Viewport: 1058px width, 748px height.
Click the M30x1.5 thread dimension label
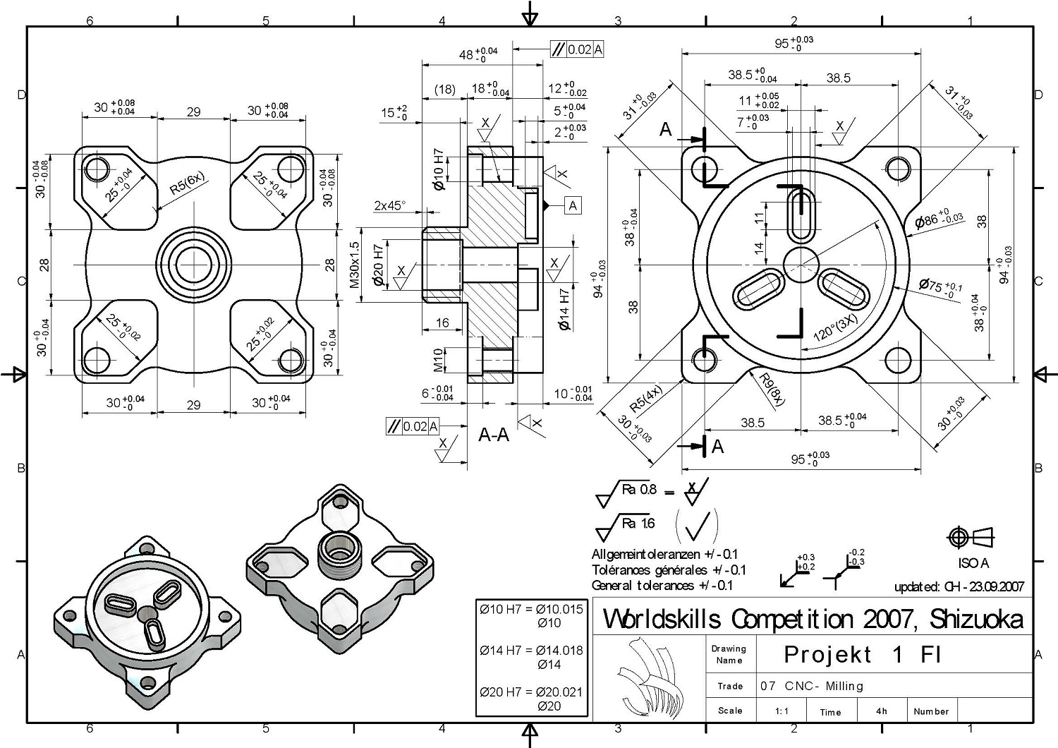pyautogui.click(x=355, y=265)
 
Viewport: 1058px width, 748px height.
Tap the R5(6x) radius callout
pyautogui.click(x=187, y=183)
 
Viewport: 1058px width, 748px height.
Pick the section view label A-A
pyautogui.click(x=494, y=435)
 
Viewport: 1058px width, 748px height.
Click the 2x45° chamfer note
pyautogui.click(x=390, y=206)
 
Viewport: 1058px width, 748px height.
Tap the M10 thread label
pyautogui.click(x=439, y=360)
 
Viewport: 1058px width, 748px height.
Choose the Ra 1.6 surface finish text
pyautogui.click(x=638, y=523)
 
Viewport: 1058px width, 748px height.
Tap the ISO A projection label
pyautogui.click(x=973, y=563)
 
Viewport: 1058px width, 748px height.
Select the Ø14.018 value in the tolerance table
pyautogui.click(x=559, y=651)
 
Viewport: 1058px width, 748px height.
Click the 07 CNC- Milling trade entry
pyautogui.click(x=812, y=686)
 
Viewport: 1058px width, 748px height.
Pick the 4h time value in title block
pyautogui.click(x=881, y=711)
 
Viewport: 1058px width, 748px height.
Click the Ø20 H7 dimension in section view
pyautogui.click(x=378, y=265)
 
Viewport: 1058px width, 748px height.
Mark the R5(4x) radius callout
pyautogui.click(x=646, y=398)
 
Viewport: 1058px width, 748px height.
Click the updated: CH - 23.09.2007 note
pyautogui.click(x=959, y=586)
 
